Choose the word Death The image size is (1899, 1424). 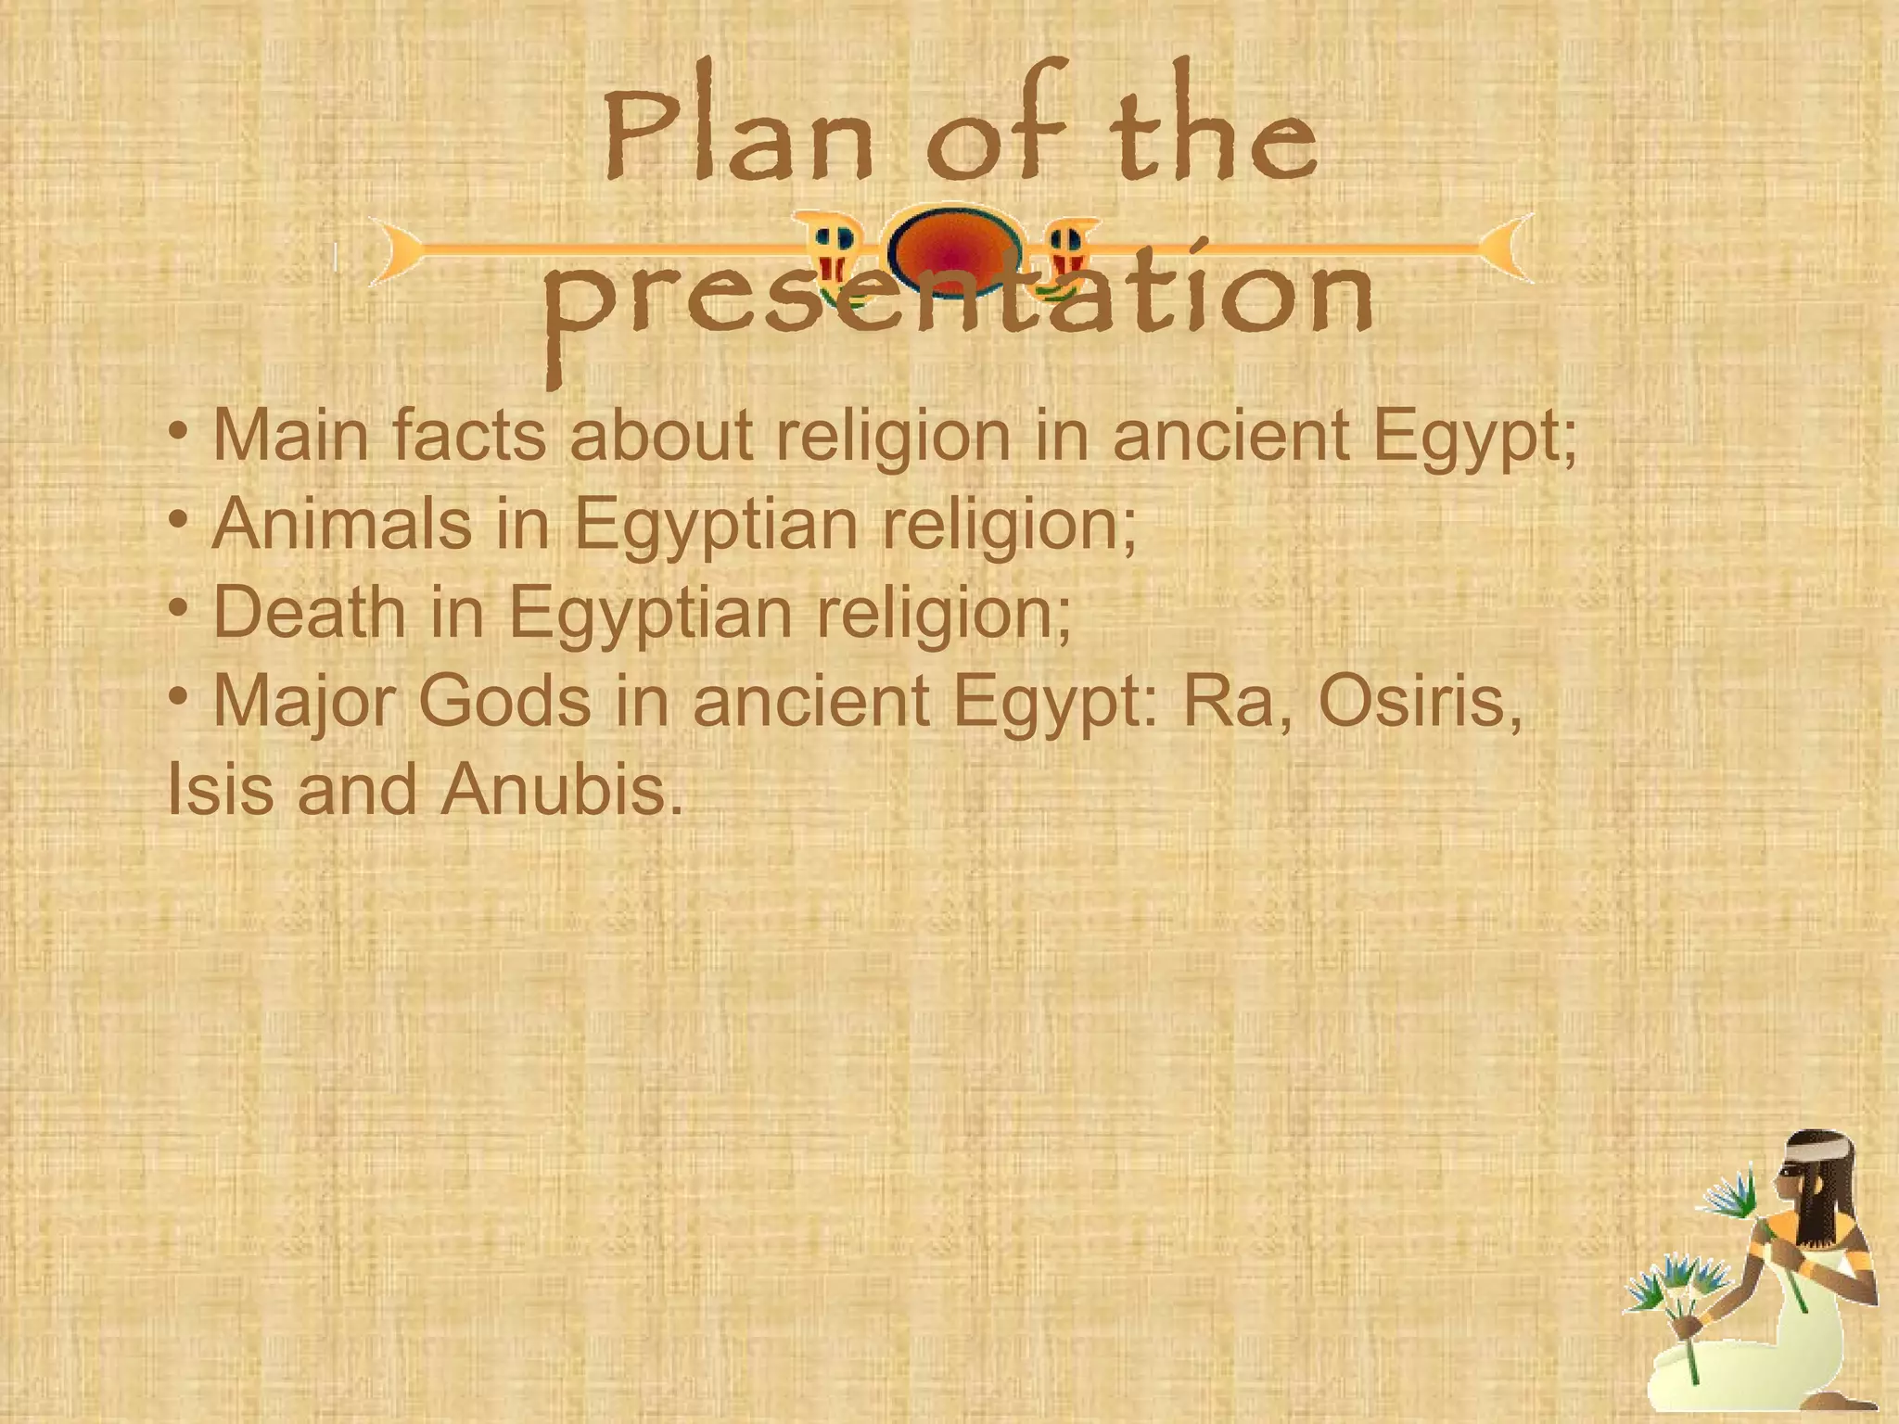pyautogui.click(x=309, y=613)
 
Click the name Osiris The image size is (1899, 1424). pyautogui.click(x=1419, y=702)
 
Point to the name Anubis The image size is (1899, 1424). pyautogui.click(x=561, y=791)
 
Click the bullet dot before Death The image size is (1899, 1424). pyautogui.click(x=179, y=607)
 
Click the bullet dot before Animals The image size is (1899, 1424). pyautogui.click(x=179, y=518)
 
